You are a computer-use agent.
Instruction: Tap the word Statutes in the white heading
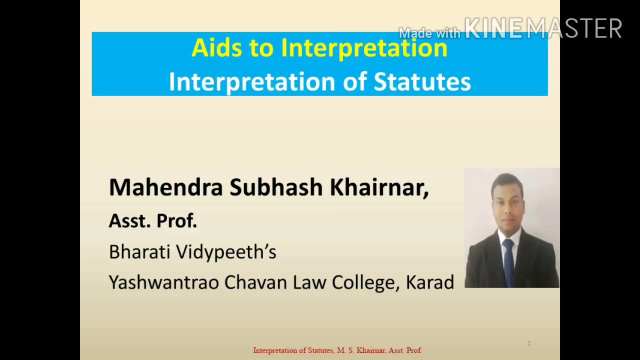(422, 82)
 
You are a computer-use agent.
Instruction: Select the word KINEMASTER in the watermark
(543, 28)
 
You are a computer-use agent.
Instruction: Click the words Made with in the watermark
(429, 33)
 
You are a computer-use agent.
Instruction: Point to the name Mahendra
(165, 187)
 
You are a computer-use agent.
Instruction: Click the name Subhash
(276, 187)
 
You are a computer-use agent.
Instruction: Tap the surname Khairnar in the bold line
(378, 187)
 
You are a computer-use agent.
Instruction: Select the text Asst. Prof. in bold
(153, 220)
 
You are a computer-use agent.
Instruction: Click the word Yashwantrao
(163, 282)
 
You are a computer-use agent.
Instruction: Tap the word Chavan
(255, 282)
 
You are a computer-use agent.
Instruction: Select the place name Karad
(429, 282)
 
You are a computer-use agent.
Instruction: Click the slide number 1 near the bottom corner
(529, 343)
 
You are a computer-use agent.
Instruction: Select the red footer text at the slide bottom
(337, 350)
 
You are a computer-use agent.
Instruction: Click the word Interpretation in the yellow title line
(364, 48)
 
